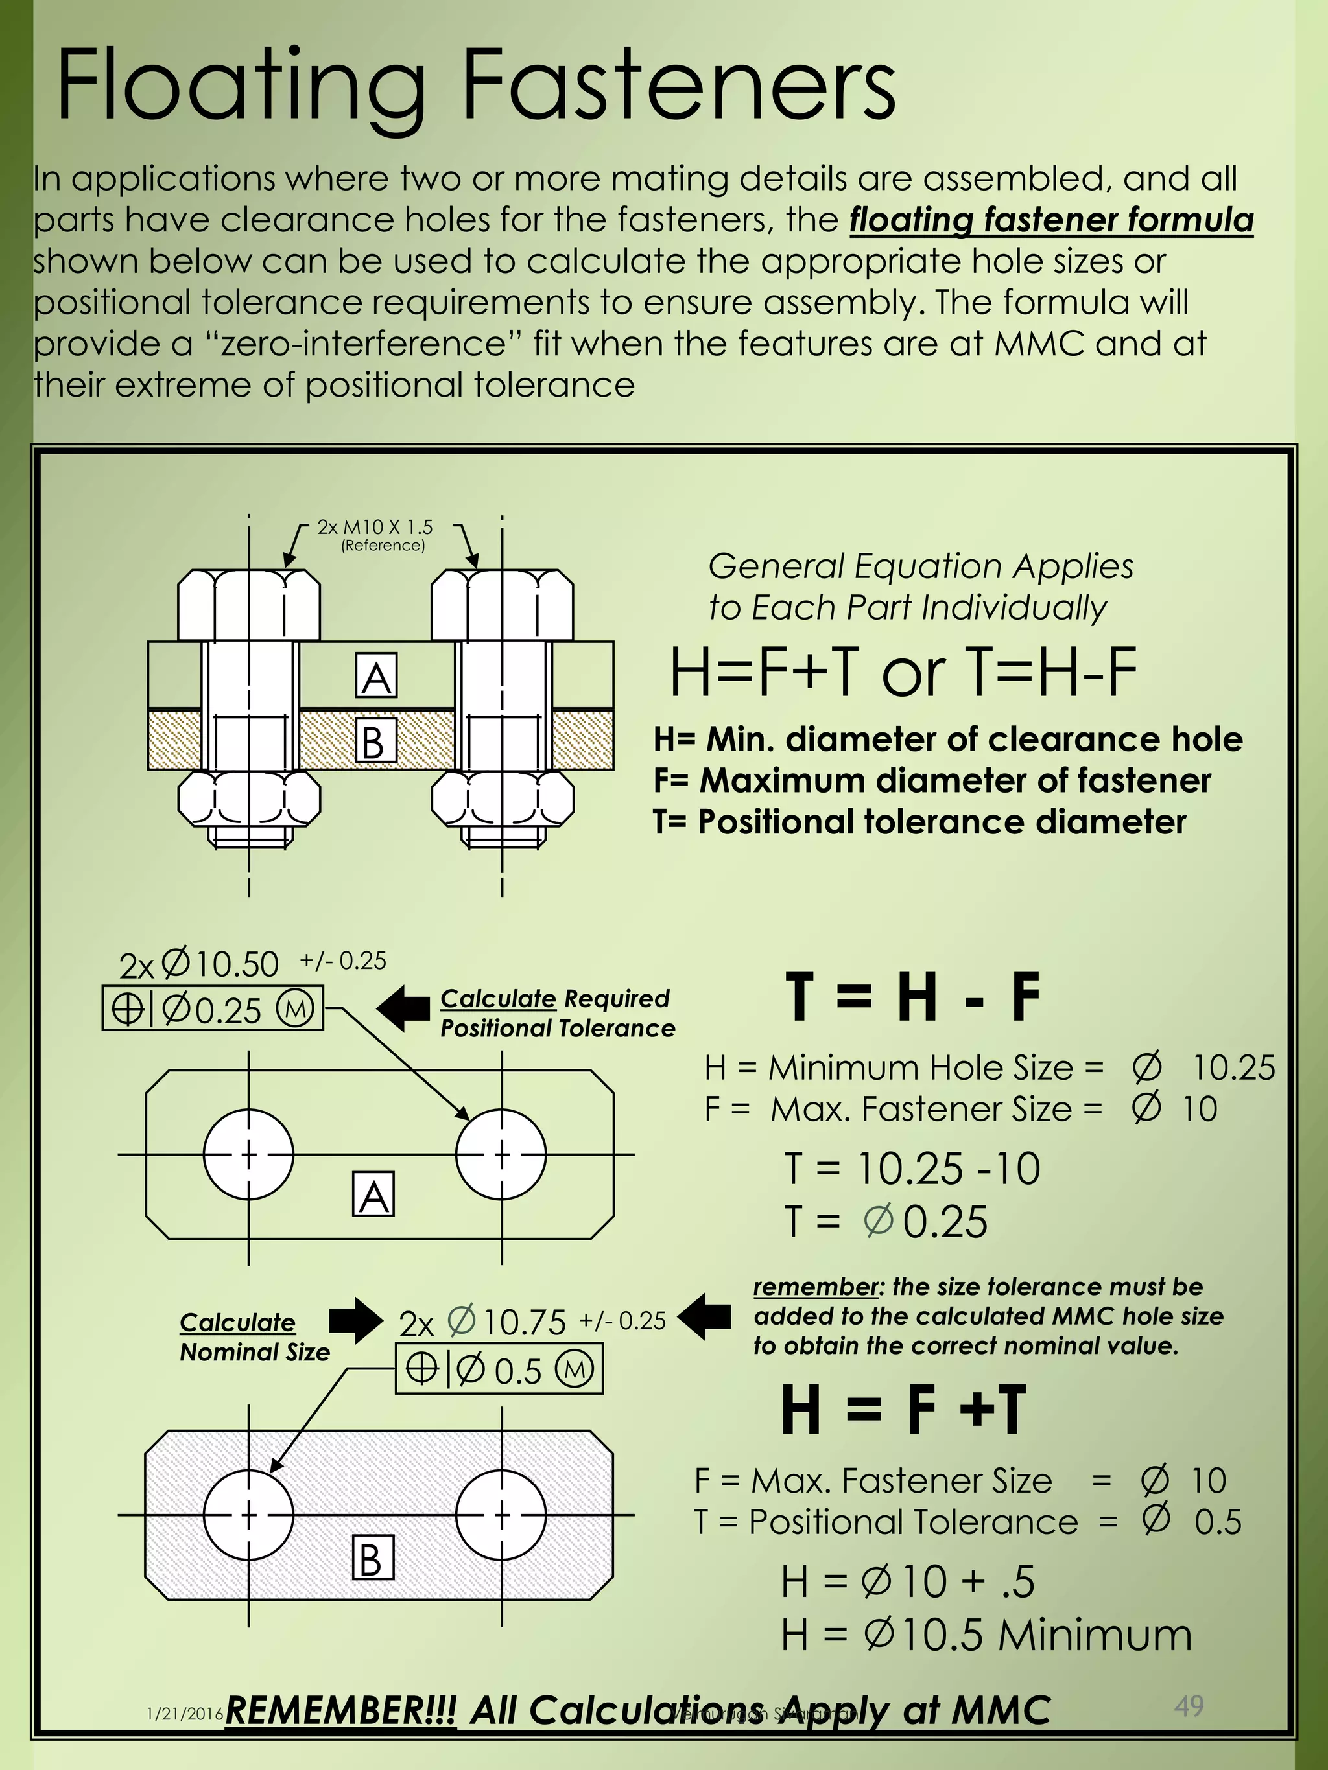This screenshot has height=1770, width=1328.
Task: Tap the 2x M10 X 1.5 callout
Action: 375,528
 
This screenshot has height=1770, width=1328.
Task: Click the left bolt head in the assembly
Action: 248,605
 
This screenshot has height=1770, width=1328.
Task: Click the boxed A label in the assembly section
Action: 376,676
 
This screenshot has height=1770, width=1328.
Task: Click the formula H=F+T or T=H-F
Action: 902,672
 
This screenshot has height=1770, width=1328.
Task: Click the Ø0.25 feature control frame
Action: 213,1009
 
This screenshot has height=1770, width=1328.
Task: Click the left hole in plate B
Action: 248,1515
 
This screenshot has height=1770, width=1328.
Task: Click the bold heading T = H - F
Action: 912,997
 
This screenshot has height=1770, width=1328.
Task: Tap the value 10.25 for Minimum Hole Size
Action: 1233,1067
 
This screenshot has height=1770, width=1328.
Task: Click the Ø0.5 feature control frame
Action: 499,1371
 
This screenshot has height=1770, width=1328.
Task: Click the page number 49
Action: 1189,1705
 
